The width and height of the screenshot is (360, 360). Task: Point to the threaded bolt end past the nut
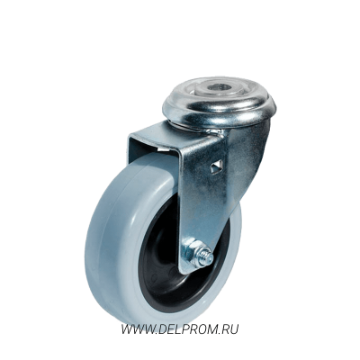(207, 258)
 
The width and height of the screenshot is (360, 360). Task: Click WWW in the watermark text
(136, 329)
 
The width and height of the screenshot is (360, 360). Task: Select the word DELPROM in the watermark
(184, 329)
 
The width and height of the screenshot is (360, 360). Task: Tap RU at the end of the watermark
(229, 329)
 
